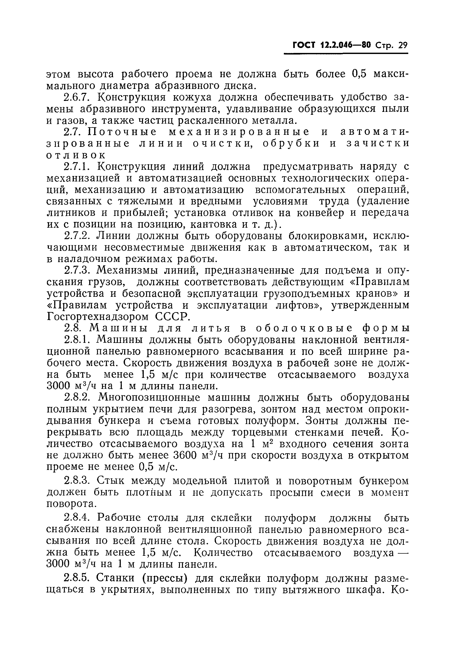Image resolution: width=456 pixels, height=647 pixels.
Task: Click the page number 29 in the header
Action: [x=403, y=45]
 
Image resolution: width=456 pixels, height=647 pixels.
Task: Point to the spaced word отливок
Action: [x=76, y=155]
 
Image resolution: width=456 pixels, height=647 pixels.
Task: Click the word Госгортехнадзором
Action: [x=98, y=317]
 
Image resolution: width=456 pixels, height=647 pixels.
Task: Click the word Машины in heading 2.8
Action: [x=119, y=329]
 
